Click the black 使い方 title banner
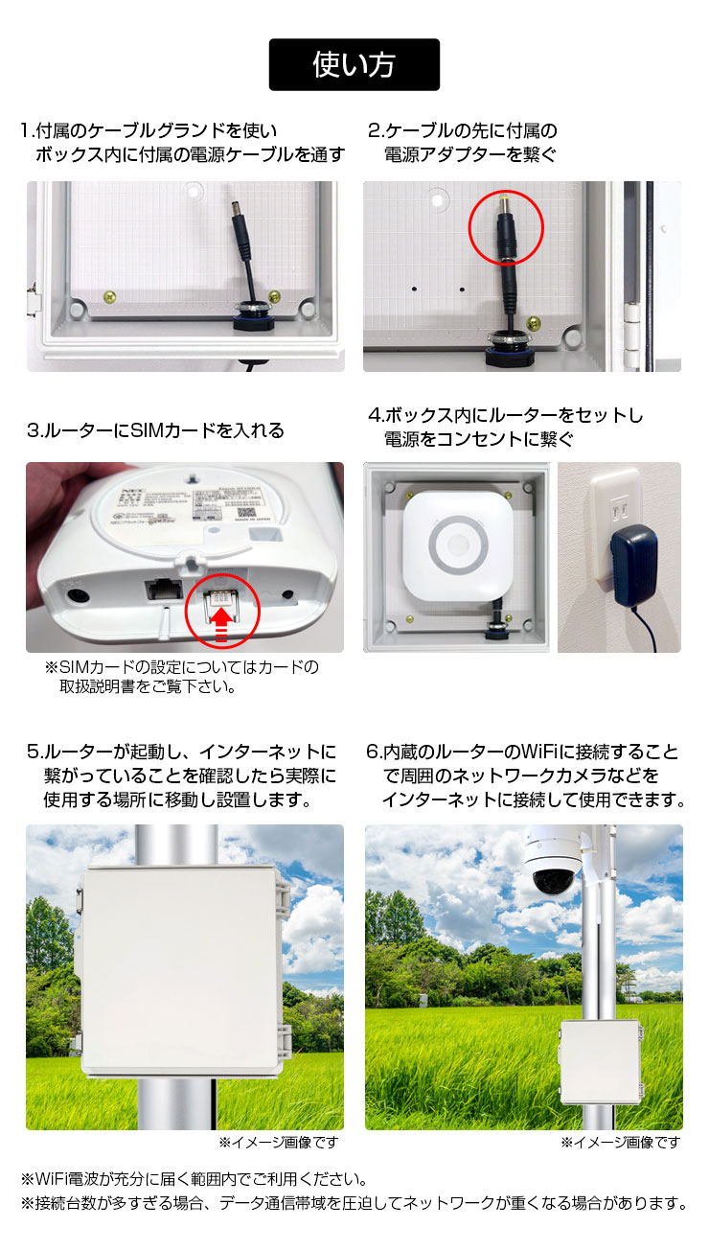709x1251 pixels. [354, 64]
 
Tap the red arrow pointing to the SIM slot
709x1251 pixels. [221, 624]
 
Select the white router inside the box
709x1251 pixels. [458, 546]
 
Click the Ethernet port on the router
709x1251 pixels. [164, 590]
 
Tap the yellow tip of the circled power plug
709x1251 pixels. [505, 201]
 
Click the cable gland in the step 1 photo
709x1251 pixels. [252, 316]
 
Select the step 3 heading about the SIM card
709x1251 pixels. [155, 430]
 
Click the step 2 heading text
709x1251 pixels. [462, 143]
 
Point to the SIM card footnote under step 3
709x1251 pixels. [181, 677]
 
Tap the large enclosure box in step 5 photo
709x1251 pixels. [181, 972]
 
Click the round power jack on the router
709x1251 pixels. [78, 594]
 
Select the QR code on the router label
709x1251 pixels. [247, 513]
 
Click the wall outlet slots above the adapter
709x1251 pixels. [620, 510]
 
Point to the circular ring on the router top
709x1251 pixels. [458, 545]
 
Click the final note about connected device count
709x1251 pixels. [354, 1202]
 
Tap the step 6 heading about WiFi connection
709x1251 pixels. [525, 776]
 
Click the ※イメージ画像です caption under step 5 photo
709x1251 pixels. [279, 1142]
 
